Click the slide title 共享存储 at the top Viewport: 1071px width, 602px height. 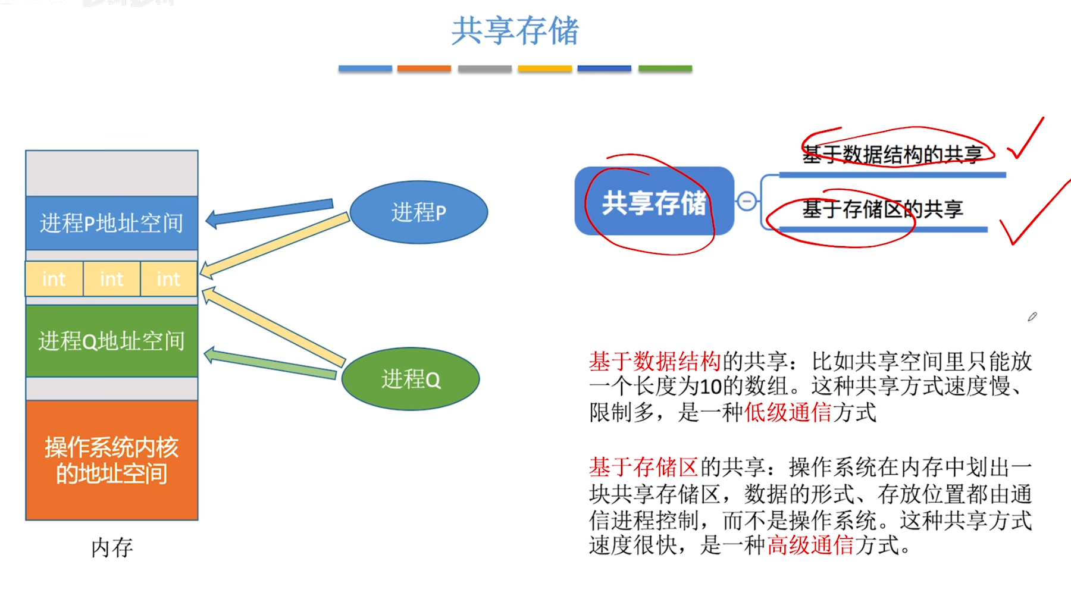(x=515, y=31)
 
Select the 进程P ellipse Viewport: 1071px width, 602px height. (x=418, y=212)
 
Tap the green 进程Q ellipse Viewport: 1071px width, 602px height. (x=411, y=379)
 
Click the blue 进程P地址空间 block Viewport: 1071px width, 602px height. (x=111, y=223)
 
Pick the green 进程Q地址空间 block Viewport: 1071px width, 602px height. (x=111, y=341)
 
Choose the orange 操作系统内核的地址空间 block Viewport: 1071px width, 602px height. (x=111, y=460)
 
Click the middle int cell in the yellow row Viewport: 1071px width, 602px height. (x=111, y=278)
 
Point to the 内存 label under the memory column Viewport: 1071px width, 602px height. (x=112, y=547)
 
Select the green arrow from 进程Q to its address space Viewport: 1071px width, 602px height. (x=271, y=363)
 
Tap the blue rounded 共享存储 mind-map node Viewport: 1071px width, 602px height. (x=654, y=202)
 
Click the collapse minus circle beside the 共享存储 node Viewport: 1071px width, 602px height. (x=747, y=201)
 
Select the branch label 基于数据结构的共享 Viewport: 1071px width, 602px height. (x=892, y=155)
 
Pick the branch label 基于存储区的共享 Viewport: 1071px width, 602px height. (x=882, y=209)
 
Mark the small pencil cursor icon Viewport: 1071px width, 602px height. (x=1032, y=316)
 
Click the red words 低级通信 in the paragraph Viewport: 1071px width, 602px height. (x=787, y=412)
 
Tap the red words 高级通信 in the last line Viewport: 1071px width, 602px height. (x=810, y=545)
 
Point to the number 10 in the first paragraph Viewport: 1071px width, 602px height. (x=710, y=387)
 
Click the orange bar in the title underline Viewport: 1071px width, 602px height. (x=424, y=69)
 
